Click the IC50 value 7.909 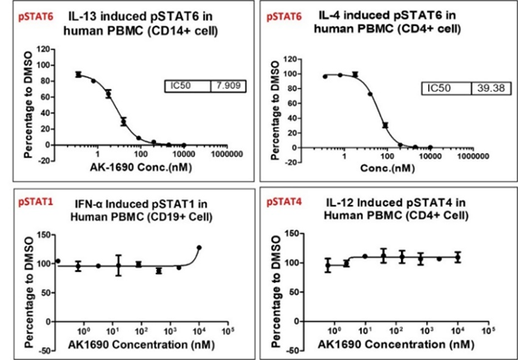225,85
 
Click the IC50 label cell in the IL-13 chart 186,85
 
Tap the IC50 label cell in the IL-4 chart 446,87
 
